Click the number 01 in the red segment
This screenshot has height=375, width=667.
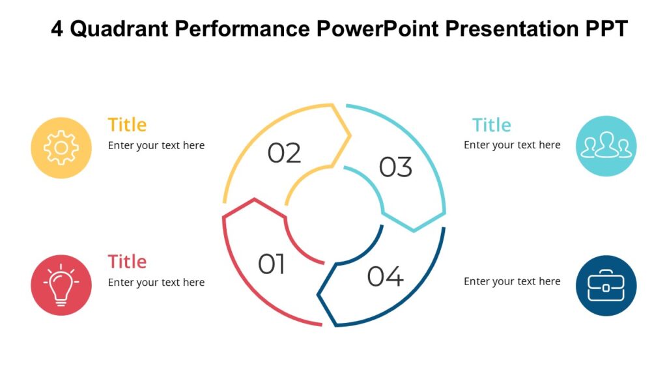coord(272,265)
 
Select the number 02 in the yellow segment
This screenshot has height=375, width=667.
coord(285,154)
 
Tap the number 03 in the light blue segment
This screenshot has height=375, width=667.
coord(395,167)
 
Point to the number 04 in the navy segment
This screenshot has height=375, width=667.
coord(385,277)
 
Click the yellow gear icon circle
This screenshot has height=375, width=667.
coord(61,148)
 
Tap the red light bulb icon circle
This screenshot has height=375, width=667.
coord(61,285)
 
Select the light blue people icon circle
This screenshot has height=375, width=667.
coord(606,146)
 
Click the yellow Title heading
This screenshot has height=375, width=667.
coord(127,124)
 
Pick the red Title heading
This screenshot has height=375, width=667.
coord(127,262)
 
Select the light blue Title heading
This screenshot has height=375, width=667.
coord(491,124)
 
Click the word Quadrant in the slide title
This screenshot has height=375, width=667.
coord(123,29)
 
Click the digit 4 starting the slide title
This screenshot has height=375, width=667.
coord(57,29)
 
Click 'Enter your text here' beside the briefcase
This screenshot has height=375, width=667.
coord(512,281)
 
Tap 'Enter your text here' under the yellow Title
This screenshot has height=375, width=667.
coord(156,145)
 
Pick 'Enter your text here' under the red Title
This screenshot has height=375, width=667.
coord(156,282)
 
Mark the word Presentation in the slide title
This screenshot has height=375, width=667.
coord(514,29)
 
